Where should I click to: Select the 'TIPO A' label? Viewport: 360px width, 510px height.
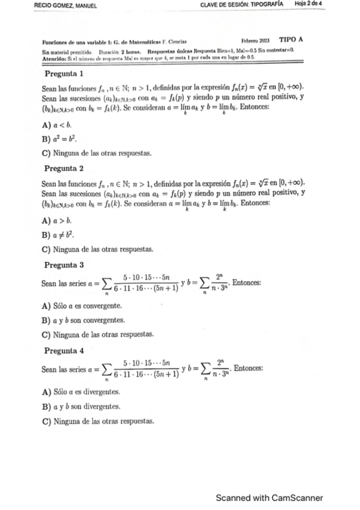click(x=291, y=39)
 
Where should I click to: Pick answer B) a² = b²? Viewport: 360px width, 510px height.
click(x=58, y=139)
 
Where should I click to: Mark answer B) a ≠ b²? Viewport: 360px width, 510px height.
click(x=58, y=235)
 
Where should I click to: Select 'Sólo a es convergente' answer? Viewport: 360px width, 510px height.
click(x=81, y=306)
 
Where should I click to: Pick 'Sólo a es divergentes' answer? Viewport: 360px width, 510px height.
click(x=81, y=391)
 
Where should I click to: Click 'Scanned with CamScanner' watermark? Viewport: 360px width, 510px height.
click(x=269, y=497)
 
